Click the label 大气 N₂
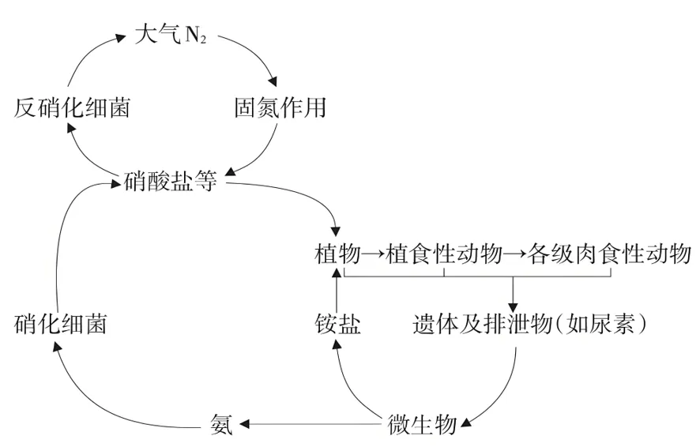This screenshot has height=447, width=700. point(171,34)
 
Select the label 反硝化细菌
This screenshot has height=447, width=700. point(72,108)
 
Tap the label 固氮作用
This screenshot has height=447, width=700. point(280,108)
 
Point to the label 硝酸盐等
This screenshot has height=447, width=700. point(170,181)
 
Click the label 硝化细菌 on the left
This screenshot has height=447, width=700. point(60,324)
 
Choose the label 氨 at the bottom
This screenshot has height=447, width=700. point(221,424)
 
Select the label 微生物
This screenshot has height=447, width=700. point(422,424)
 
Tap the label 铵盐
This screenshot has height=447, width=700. point(337,324)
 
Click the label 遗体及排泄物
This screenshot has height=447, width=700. point(483,324)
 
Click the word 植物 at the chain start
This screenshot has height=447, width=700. point(337,254)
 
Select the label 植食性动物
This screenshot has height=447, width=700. point(444,254)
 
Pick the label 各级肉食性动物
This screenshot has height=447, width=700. point(609,254)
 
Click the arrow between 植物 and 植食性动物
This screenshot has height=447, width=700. point(373,254)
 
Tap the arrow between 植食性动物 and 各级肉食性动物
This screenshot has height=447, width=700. point(515,254)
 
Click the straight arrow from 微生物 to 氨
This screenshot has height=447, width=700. point(311,423)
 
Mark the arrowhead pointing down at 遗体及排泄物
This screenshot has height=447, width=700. point(513,307)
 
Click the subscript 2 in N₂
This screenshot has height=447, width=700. point(202,39)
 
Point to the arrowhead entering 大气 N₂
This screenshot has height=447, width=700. point(121,37)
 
